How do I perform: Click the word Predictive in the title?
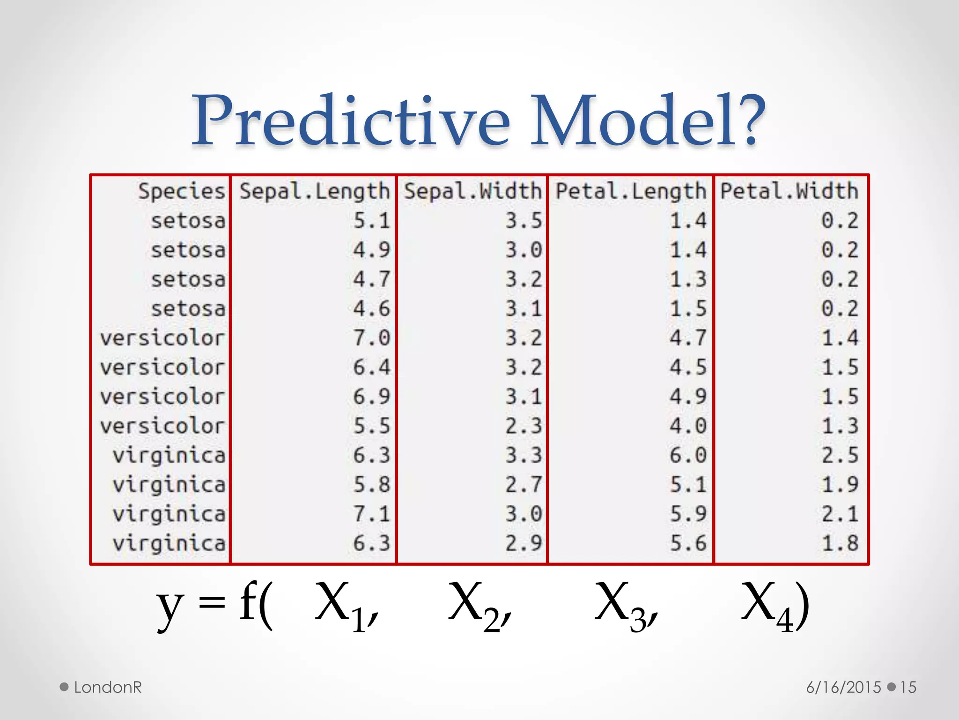tap(351, 121)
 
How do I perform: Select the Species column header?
tap(182, 192)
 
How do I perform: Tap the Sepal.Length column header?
tap(315, 192)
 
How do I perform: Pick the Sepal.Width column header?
tap(472, 192)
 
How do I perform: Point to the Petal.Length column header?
tap(631, 192)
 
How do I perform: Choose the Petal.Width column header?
tap(789, 192)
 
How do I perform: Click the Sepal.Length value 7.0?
tap(371, 338)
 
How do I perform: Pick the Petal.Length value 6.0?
tap(688, 455)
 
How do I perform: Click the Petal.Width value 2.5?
tap(840, 455)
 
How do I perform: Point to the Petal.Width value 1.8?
tap(840, 543)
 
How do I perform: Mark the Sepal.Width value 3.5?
tap(524, 221)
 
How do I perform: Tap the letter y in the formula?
tap(170, 607)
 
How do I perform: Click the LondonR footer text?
tap(108, 687)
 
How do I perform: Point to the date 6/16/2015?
tap(843, 687)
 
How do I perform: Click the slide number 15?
tap(908, 687)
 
